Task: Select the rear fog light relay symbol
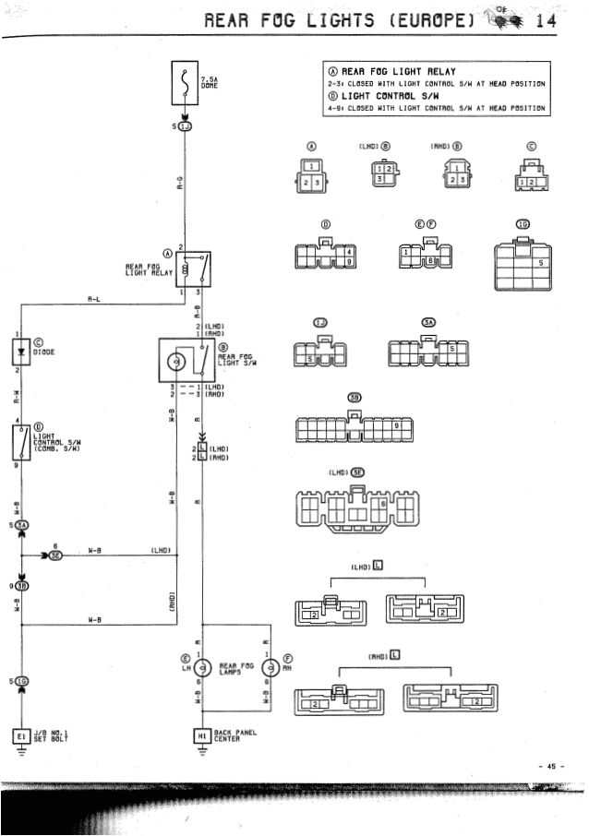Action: coord(197,269)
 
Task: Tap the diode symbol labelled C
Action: coord(18,352)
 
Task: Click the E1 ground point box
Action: coord(19,735)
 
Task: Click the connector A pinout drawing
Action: coord(311,175)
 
